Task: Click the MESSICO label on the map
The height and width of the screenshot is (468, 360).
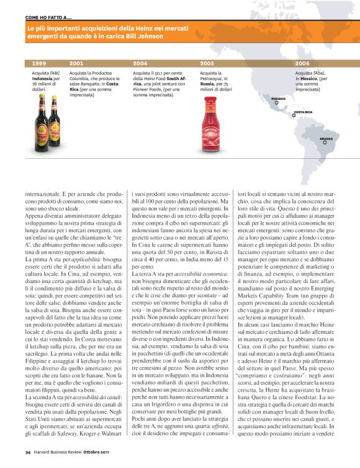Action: pos(279,99)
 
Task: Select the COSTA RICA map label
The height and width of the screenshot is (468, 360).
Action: pos(303,112)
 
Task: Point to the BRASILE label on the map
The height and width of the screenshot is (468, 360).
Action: pos(326,138)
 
